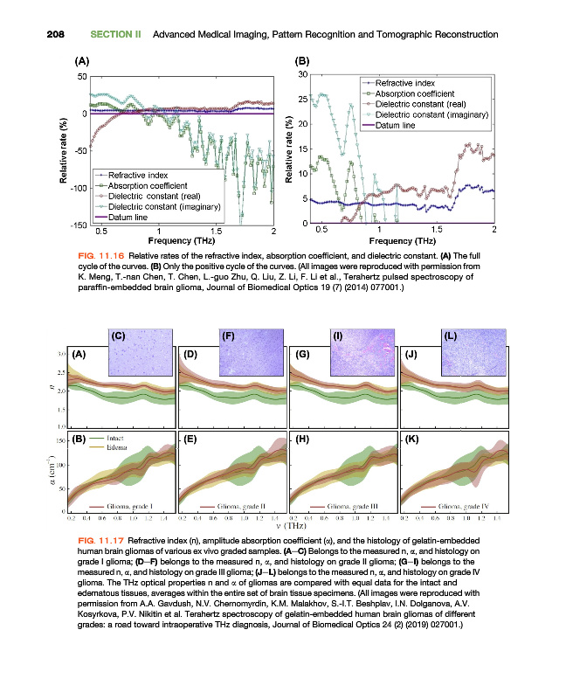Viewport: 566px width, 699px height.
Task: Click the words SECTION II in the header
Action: coord(116,34)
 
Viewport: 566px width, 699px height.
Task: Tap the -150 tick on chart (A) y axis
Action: coord(78,225)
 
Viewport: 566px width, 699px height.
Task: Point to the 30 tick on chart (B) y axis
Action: coord(301,74)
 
